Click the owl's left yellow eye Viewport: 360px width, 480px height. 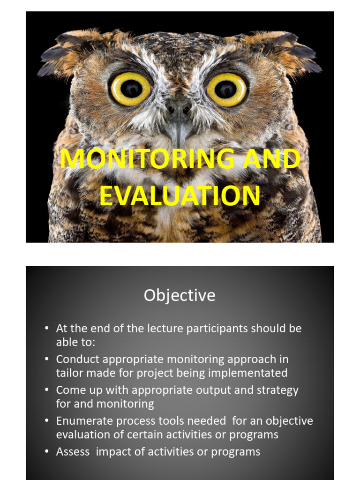click(x=131, y=88)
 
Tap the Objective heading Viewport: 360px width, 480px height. click(x=180, y=295)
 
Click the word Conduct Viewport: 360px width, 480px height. click(x=76, y=359)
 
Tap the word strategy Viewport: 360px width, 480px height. click(x=276, y=390)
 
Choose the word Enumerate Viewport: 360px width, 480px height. click(x=83, y=421)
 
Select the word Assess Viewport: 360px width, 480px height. click(x=71, y=452)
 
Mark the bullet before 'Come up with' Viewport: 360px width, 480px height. click(x=47, y=390)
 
